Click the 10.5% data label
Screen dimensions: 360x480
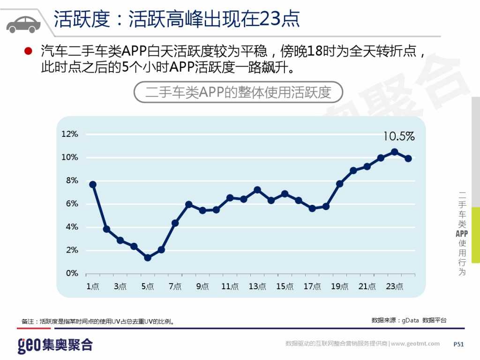tap(398, 136)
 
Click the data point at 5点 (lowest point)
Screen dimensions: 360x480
tap(148, 258)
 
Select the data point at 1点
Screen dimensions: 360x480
tap(93, 185)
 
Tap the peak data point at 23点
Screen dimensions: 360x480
tap(394, 152)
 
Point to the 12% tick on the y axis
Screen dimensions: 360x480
tap(70, 134)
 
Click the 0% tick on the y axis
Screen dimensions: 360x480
tap(72, 273)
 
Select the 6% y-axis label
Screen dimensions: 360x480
tap(72, 204)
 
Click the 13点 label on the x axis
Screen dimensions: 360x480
tap(257, 286)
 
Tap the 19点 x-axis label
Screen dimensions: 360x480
tap(339, 286)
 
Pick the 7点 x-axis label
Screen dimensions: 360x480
tap(175, 286)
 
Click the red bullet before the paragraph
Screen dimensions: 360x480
tap(28, 51)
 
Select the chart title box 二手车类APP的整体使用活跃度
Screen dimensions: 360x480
tap(238, 92)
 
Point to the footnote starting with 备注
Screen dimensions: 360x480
tap(98, 322)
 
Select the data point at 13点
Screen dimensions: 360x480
tap(257, 190)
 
